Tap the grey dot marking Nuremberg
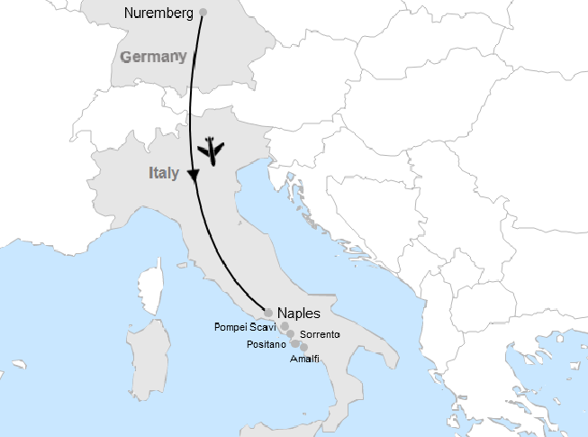click(203, 12)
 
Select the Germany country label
click(152, 56)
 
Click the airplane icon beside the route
click(212, 150)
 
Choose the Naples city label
click(299, 314)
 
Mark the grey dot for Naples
click(268, 313)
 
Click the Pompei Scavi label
click(245, 327)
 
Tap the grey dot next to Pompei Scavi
click(285, 326)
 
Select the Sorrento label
click(320, 334)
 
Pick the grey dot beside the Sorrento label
click(290, 333)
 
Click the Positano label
click(266, 344)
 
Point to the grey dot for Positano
click(295, 343)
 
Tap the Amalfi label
click(304, 359)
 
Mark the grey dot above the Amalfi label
click(304, 347)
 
